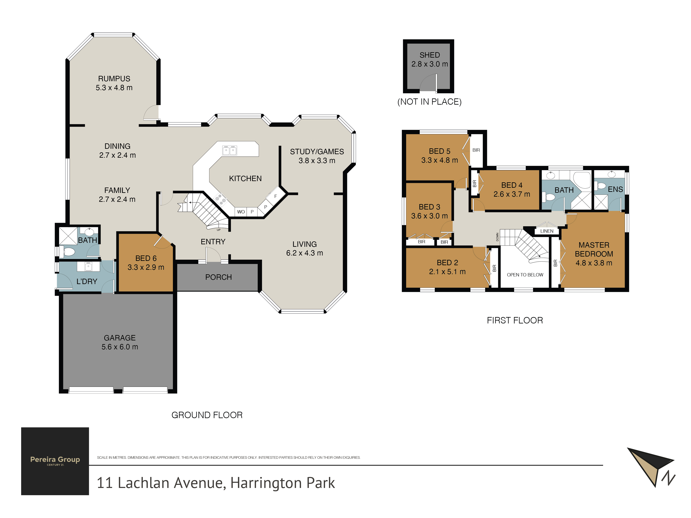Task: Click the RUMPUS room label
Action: point(114,79)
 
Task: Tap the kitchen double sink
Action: point(229,150)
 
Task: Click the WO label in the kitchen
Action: point(241,212)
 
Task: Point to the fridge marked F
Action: point(276,196)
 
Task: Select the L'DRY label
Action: point(87,281)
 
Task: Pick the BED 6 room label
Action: point(146,258)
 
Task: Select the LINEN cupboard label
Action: point(547,231)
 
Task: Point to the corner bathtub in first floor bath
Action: point(581,180)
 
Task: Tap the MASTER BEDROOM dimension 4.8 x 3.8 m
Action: point(594,263)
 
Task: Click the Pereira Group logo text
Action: point(55,459)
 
